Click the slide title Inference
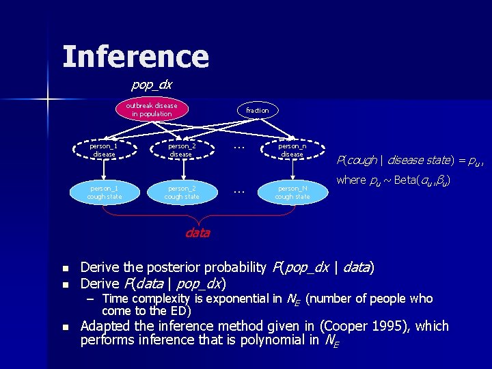[x=135, y=57]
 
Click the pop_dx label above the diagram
[x=151, y=85]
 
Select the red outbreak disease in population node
[x=151, y=110]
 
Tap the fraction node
[x=258, y=110]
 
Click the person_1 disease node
[x=104, y=150]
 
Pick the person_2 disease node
[x=182, y=150]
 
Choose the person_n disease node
[x=292, y=150]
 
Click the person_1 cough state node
[x=104, y=192]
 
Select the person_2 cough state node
[x=182, y=192]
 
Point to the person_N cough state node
[x=292, y=192]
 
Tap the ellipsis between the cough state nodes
[x=238, y=192]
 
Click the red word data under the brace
[x=197, y=233]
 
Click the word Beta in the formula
[x=407, y=180]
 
